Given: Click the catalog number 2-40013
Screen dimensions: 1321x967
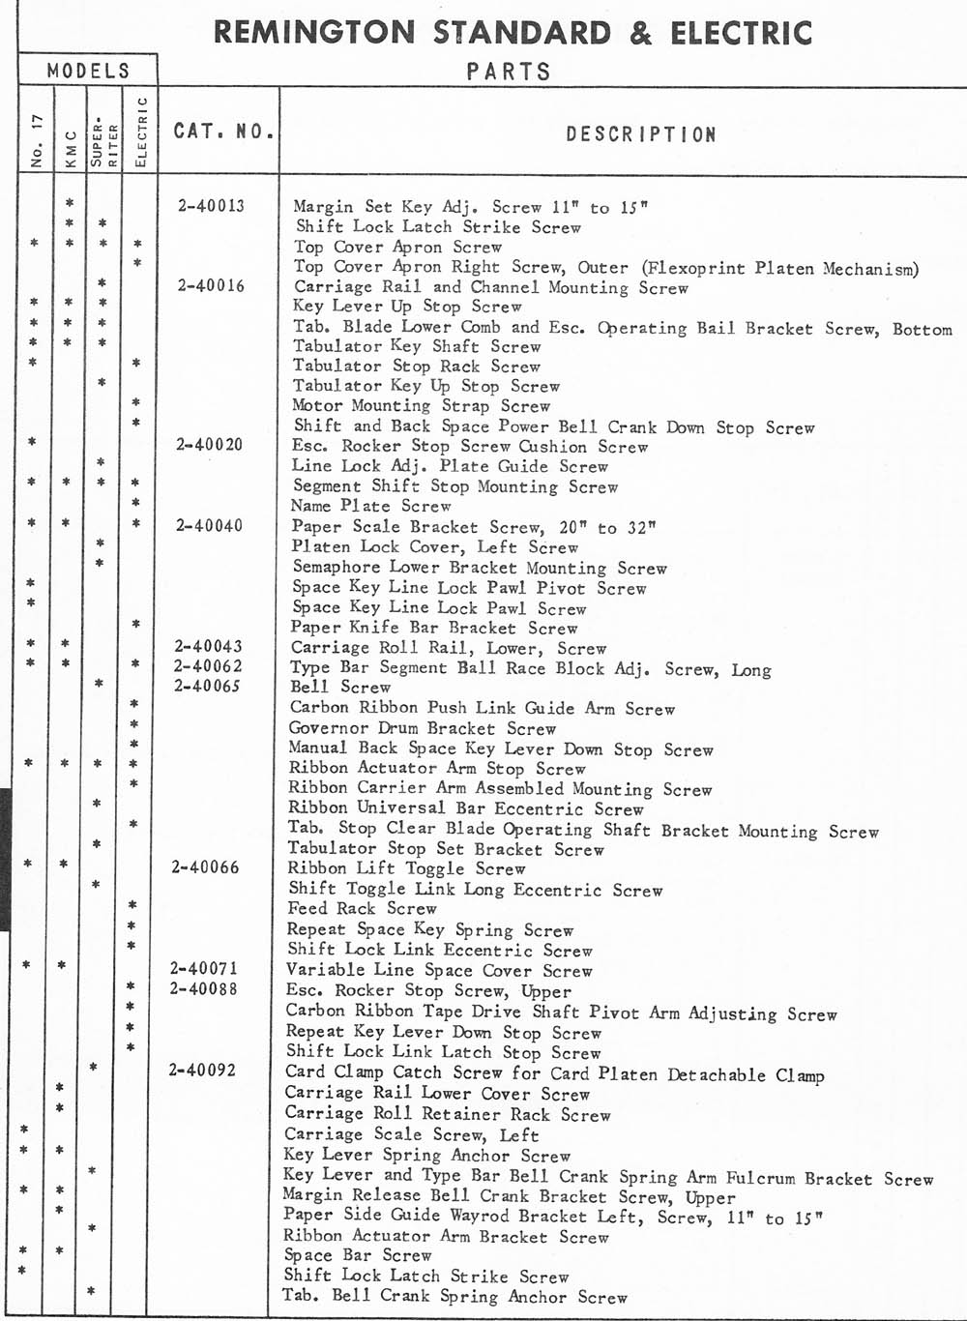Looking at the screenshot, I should pos(211,205).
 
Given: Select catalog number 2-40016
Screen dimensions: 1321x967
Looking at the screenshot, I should pos(211,285).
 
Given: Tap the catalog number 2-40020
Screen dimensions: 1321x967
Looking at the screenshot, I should pos(210,445).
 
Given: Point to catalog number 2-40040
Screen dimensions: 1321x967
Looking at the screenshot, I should pos(210,525).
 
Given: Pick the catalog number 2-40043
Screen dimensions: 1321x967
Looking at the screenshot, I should pos(209,646).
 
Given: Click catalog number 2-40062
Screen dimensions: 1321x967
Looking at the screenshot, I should pos(209,665).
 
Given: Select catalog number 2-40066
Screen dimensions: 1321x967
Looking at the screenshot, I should pos(206,867).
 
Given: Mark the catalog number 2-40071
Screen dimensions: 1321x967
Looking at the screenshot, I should pos(204,968).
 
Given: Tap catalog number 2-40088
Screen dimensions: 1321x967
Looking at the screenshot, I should pos(204,988).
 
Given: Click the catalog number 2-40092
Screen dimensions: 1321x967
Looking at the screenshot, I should pos(202,1070).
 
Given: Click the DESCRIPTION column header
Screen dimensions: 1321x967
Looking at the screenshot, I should pos(641,134).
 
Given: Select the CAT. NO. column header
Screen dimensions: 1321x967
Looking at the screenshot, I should pos(223,131).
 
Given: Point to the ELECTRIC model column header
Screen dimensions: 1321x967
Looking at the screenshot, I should pos(140,132).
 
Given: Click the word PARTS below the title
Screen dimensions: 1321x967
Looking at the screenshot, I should pos(509,72).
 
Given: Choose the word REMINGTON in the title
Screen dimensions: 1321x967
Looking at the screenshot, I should pos(315,33).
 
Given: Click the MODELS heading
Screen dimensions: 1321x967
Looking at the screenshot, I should pos(88,71).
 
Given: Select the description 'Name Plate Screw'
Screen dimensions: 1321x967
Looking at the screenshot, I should pos(370,506).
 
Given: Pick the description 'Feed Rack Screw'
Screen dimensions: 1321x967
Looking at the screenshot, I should pos(362,908).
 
